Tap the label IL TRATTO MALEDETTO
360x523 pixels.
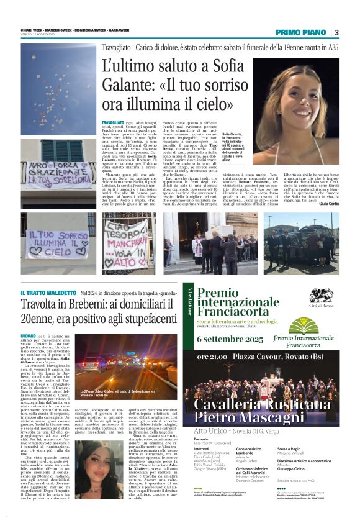click(x=48, y=293)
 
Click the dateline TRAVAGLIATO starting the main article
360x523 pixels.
click(x=113, y=124)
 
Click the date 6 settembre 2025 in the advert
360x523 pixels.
click(x=232, y=339)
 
